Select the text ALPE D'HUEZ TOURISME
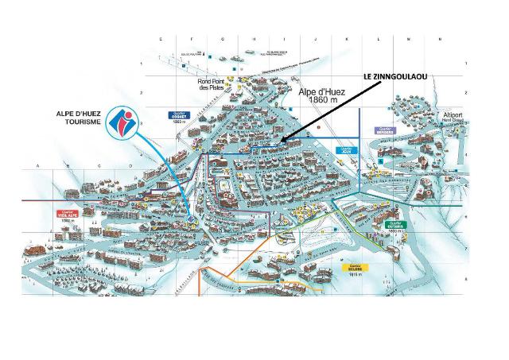coord(76,118)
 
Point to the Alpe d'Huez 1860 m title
coord(322,96)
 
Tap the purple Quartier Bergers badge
coord(385,130)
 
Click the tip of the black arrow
coord(279,141)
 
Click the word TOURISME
coord(76,123)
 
